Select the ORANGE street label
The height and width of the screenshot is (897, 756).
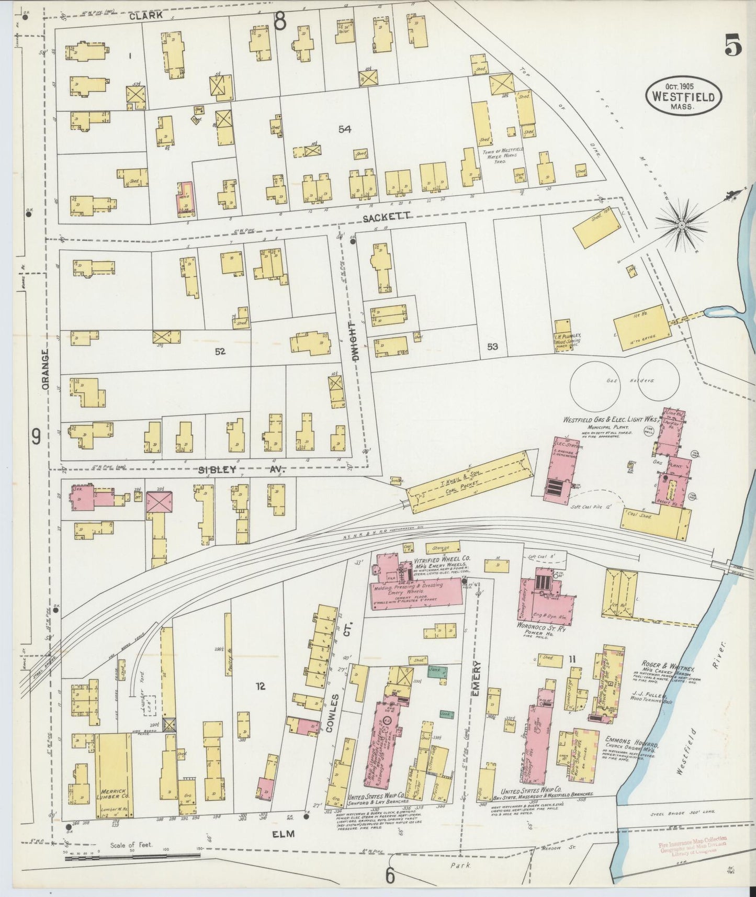point(46,369)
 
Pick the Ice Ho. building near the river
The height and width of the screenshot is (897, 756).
point(644,331)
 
